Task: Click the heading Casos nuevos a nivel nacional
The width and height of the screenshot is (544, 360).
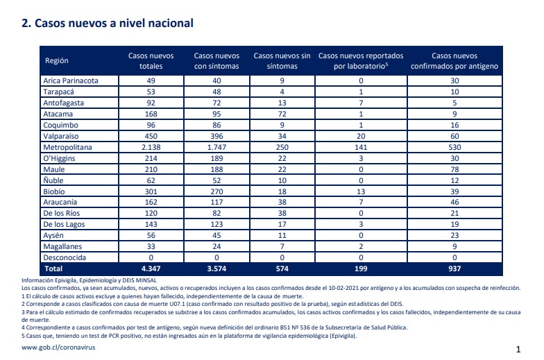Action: [107, 24]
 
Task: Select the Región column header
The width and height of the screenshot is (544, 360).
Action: [57, 60]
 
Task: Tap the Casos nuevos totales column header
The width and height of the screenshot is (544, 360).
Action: [151, 61]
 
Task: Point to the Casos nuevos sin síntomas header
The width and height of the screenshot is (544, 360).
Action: [282, 61]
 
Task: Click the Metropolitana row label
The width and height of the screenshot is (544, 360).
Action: [68, 147]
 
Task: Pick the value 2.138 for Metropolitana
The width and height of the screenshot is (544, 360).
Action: [151, 147]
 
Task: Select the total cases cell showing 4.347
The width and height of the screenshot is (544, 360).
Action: [151, 268]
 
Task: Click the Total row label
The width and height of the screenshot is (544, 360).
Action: [53, 268]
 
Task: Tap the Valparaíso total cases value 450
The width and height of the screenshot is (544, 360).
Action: [151, 136]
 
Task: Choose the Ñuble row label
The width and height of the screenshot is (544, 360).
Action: [53, 180]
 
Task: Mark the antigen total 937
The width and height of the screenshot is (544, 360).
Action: [454, 268]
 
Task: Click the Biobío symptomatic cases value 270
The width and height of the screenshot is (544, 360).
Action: [216, 191]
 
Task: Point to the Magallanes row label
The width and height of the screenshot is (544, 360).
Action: [62, 247]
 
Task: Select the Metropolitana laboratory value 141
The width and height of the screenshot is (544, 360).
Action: [361, 147]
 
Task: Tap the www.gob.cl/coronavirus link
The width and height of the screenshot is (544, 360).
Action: [58, 347]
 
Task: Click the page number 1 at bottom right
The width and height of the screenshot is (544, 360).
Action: [518, 350]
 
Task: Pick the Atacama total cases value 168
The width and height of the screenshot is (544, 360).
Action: [151, 114]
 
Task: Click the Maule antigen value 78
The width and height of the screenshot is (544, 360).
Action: [454, 169]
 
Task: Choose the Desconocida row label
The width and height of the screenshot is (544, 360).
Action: [65, 257]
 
